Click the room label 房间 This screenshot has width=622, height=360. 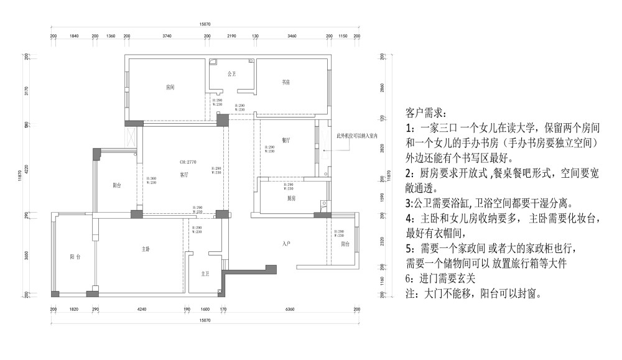[x=170, y=87]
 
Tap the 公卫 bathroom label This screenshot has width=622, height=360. [x=232, y=73]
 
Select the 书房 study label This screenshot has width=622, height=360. [x=286, y=82]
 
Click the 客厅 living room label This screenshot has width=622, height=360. [x=184, y=175]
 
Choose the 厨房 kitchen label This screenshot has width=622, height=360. [x=291, y=199]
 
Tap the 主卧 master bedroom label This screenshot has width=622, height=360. [x=146, y=249]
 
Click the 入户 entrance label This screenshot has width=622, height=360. [x=287, y=243]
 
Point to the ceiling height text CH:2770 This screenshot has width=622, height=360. [x=188, y=162]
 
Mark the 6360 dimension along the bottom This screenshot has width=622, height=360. [x=290, y=309]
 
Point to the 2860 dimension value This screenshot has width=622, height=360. [x=381, y=87]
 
